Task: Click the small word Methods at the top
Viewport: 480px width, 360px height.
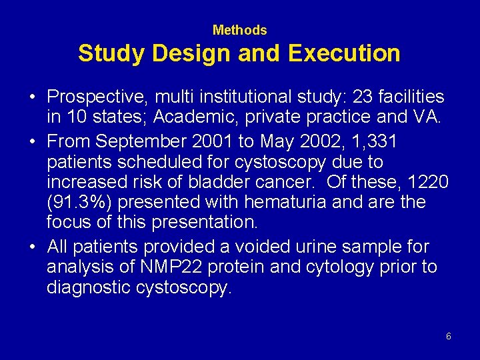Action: click(x=239, y=30)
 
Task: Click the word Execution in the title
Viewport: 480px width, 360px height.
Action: click(x=344, y=53)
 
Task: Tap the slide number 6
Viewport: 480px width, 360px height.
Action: click(x=449, y=337)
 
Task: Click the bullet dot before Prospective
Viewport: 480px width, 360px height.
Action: click(x=32, y=98)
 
